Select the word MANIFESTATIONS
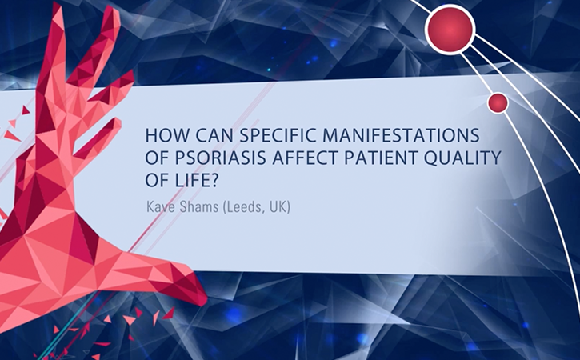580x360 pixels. click(x=401, y=135)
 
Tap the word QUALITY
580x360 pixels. click(x=462, y=158)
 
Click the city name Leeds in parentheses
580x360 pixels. click(x=243, y=207)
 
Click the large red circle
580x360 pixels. click(x=450, y=30)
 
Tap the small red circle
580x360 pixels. click(x=498, y=103)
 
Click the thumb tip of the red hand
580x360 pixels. click(x=203, y=298)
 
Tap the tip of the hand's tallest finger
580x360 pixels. click(x=58, y=6)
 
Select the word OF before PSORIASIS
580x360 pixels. click(x=157, y=158)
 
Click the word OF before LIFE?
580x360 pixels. click(x=157, y=181)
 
